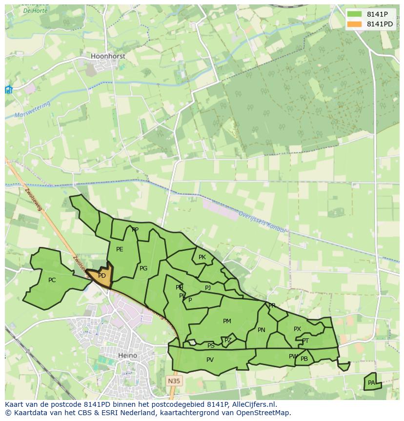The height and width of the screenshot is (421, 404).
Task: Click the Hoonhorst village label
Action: (108, 56)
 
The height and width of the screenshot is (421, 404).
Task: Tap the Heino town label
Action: (127, 355)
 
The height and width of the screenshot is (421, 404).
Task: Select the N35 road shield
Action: (173, 380)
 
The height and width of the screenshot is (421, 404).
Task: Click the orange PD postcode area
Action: (101, 276)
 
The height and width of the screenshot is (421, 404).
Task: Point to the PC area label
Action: (52, 280)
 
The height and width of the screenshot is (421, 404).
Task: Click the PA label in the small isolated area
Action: (371, 383)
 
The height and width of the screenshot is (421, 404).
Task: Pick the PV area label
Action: (210, 360)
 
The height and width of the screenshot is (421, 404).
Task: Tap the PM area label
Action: (227, 321)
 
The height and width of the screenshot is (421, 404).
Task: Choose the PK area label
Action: (202, 257)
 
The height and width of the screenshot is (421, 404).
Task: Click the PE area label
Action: (120, 249)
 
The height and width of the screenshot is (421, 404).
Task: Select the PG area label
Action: (143, 268)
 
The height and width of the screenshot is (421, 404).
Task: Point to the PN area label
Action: (262, 330)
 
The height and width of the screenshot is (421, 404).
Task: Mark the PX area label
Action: (297, 329)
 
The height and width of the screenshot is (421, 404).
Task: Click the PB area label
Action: (304, 359)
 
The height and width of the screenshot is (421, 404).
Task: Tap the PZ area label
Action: (228, 340)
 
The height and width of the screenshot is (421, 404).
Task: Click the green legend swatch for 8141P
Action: (354, 14)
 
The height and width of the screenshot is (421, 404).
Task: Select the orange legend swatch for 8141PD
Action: (354, 24)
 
